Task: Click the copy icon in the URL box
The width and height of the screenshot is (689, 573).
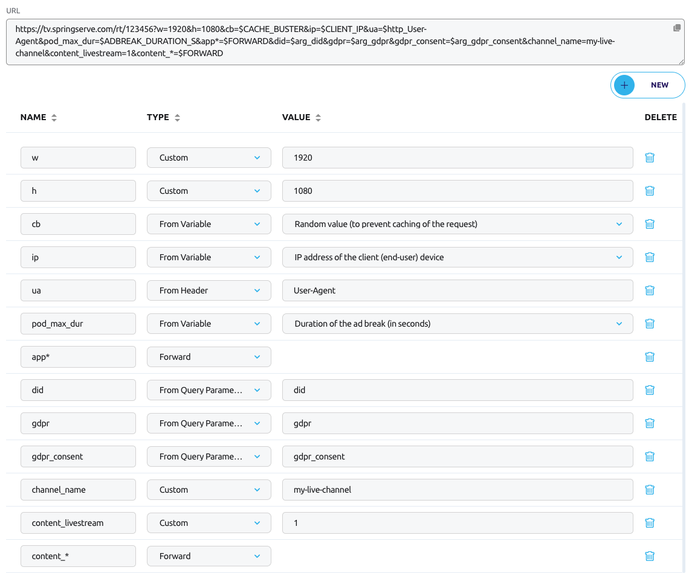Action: point(677,28)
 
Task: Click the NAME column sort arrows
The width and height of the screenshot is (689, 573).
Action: point(54,118)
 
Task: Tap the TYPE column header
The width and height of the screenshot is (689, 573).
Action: point(158,117)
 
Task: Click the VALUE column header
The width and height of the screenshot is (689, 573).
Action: point(296,117)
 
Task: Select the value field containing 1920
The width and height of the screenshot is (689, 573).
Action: point(458,158)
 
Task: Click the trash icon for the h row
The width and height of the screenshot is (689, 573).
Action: point(650,191)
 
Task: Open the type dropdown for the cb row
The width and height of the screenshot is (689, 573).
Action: point(209,224)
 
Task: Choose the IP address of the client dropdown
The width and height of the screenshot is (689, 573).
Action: point(458,257)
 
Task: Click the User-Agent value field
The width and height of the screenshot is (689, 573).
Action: point(458,290)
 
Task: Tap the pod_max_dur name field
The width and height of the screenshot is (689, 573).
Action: point(78,324)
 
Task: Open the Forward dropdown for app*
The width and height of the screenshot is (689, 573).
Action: point(209,357)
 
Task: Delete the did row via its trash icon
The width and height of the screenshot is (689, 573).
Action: point(650,390)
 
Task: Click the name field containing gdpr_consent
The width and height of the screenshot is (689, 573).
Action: point(78,456)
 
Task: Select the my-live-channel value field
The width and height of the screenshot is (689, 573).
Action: point(458,490)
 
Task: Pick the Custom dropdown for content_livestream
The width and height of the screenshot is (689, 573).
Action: point(209,523)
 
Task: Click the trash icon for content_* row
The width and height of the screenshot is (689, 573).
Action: point(650,556)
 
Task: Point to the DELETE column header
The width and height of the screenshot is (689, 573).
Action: point(661,117)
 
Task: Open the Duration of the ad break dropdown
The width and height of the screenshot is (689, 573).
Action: point(458,324)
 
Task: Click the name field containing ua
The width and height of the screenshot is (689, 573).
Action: point(78,290)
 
